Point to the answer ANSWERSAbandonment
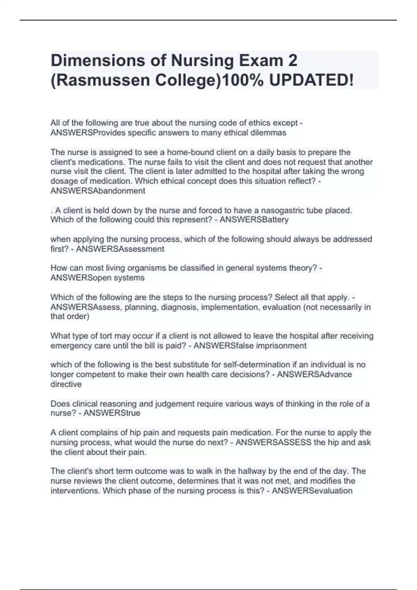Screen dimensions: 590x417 pyautogui.click(x=98, y=191)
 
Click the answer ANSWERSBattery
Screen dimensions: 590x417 pyautogui.click(x=254, y=220)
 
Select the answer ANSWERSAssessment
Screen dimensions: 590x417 pyautogui.click(x=120, y=249)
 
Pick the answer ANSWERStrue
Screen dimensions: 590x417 pyautogui.click(x=112, y=413)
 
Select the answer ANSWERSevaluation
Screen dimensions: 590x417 pyautogui.click(x=312, y=491)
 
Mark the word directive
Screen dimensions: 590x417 pyautogui.click(x=66, y=384)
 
